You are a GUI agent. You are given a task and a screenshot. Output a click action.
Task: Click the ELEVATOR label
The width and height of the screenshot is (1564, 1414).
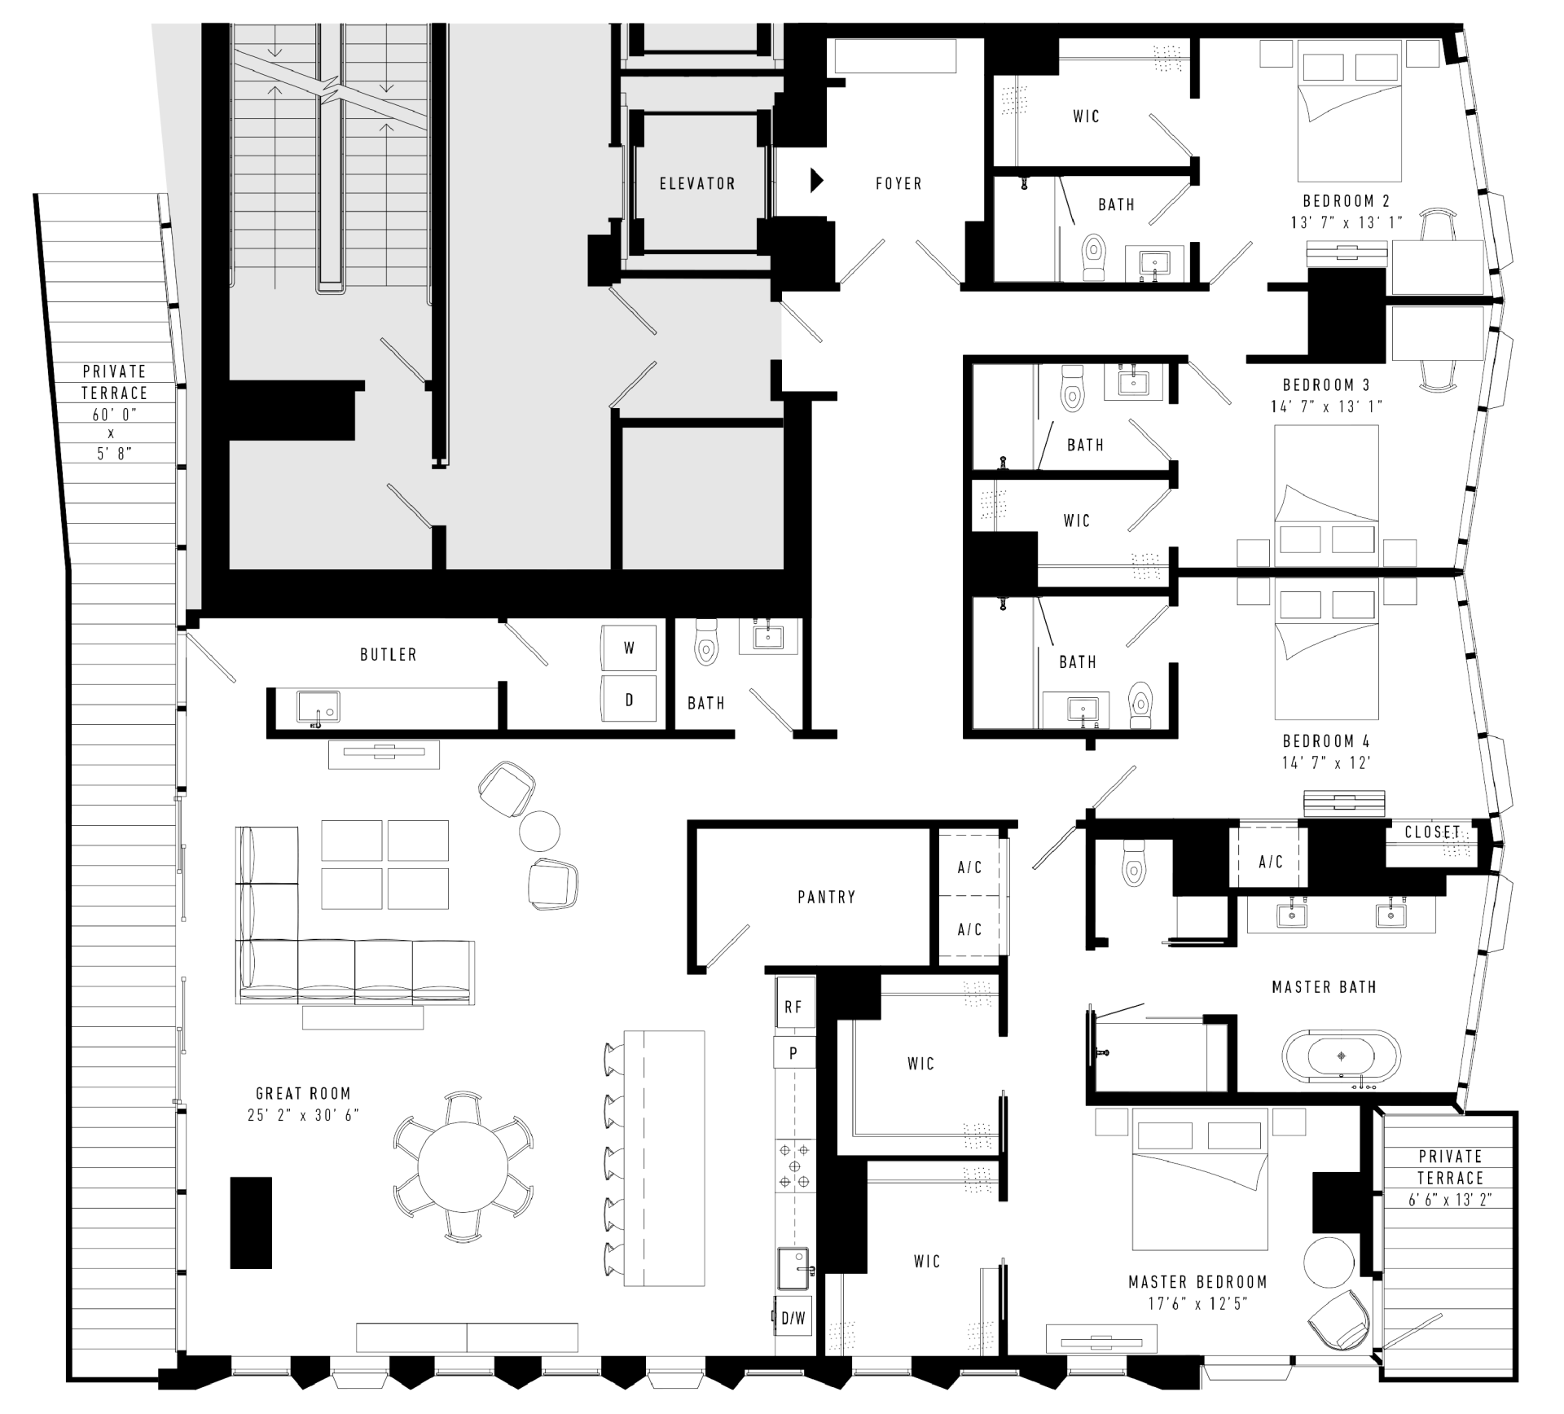tap(697, 184)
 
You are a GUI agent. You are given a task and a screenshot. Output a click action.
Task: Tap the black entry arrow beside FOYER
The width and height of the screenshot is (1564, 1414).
tap(817, 181)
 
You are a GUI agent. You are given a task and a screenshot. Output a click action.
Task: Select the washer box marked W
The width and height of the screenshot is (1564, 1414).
tap(629, 648)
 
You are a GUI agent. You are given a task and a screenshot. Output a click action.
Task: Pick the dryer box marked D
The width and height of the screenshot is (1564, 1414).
tap(629, 699)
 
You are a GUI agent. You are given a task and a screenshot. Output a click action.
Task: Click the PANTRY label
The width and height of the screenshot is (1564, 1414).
tap(826, 897)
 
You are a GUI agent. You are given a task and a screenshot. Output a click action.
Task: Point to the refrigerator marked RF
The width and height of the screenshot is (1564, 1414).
tap(794, 1007)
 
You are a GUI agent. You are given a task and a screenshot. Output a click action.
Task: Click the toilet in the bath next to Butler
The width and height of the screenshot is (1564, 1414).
tap(706, 643)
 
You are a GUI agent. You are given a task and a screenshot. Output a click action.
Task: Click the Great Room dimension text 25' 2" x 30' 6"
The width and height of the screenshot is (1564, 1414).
tap(303, 1115)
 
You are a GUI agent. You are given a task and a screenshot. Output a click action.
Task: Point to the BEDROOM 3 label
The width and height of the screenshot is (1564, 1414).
tap(1326, 384)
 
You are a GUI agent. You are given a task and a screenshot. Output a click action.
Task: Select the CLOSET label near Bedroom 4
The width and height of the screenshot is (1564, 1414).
tap(1433, 832)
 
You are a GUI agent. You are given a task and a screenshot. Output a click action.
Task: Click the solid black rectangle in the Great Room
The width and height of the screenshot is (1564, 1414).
tap(251, 1223)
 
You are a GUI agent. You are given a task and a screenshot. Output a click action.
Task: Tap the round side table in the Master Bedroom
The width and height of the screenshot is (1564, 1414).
tap(1329, 1262)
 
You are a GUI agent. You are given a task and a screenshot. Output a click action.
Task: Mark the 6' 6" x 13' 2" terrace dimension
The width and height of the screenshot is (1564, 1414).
tap(1450, 1199)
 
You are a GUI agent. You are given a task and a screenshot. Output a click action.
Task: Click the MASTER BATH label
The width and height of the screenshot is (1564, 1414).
tap(1324, 987)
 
